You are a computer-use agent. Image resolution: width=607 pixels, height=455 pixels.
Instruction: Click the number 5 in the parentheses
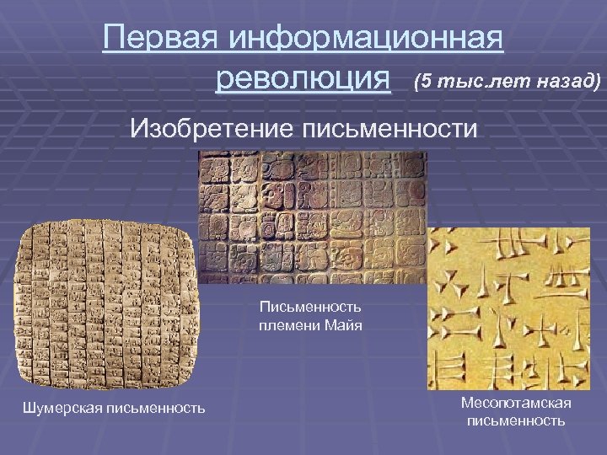[426, 82]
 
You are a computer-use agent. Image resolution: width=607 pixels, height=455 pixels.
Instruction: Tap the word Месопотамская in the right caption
[516, 403]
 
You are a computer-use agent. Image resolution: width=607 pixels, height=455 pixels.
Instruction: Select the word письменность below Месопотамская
[516, 420]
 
